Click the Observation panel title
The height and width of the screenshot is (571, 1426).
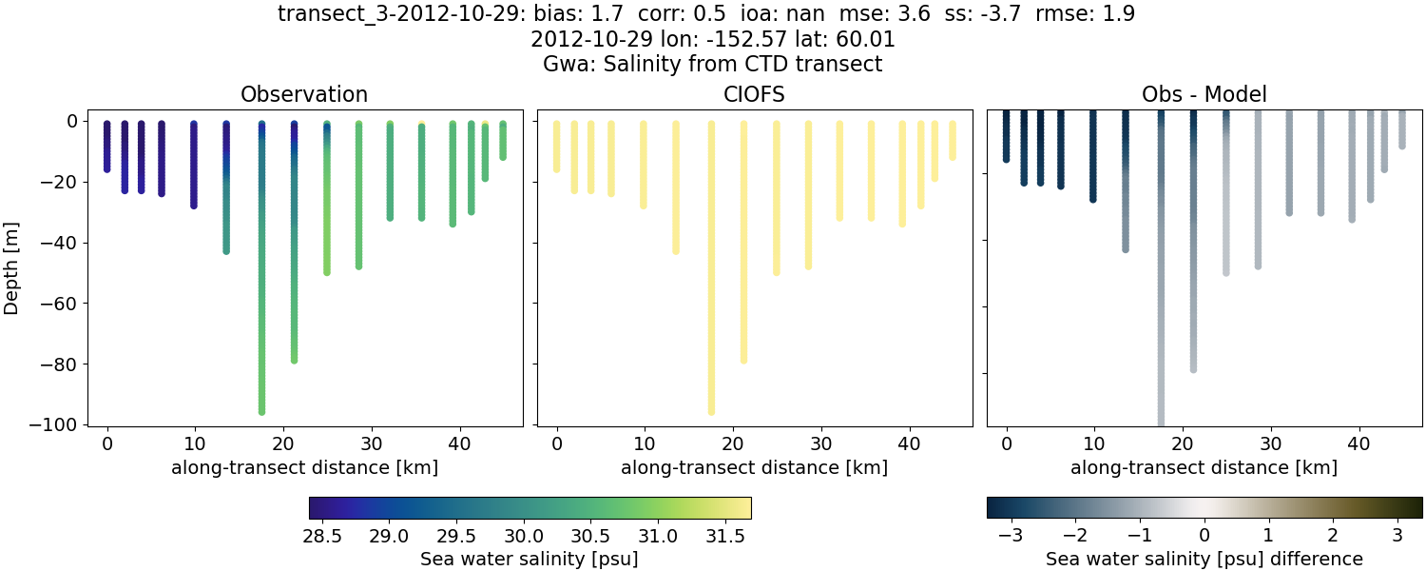pyautogui.click(x=304, y=94)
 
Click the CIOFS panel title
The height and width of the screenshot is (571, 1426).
pyautogui.click(x=754, y=94)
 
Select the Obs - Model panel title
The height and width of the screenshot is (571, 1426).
pyautogui.click(x=1204, y=94)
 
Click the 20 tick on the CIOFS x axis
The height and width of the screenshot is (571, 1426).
pyautogui.click(x=733, y=443)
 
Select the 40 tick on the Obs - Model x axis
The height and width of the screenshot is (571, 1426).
pyautogui.click(x=1359, y=443)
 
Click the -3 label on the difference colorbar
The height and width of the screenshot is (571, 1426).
pyautogui.click(x=1006, y=535)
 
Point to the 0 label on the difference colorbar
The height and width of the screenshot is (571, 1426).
pyautogui.click(x=1204, y=535)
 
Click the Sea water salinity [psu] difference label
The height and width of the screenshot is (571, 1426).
pyautogui.click(x=1204, y=559)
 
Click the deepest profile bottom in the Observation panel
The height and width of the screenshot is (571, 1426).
pyautogui.click(x=261, y=411)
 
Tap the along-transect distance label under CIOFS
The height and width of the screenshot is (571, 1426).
pyautogui.click(x=754, y=467)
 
